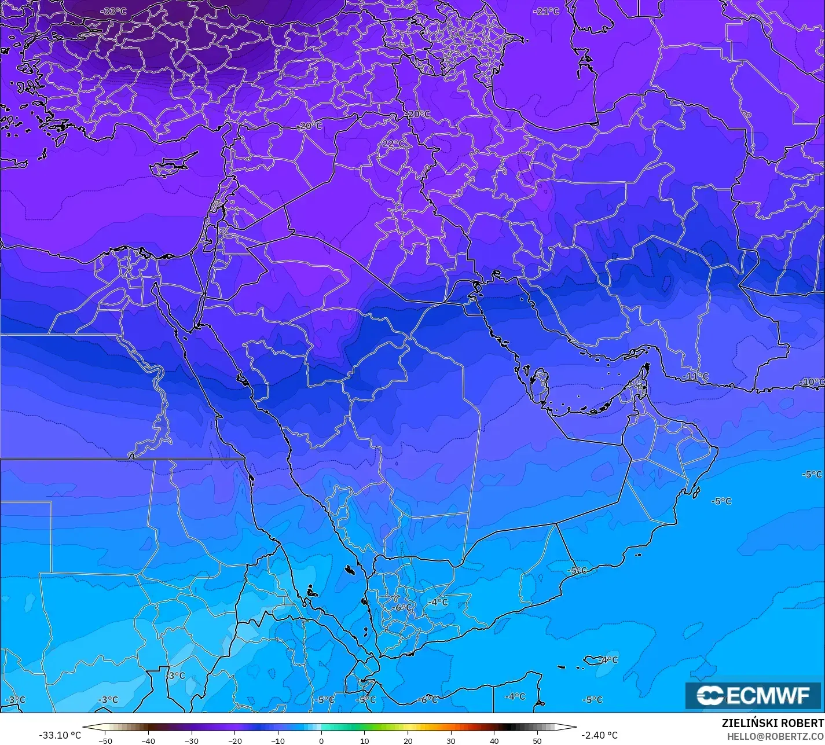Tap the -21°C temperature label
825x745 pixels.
click(x=546, y=11)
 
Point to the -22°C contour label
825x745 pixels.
click(x=393, y=144)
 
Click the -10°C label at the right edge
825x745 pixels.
click(x=813, y=382)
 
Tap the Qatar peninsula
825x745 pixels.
click(x=541, y=384)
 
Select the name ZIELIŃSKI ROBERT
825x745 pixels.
click(x=772, y=724)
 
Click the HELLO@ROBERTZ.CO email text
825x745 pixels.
click(x=775, y=736)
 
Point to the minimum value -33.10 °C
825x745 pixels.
click(x=60, y=735)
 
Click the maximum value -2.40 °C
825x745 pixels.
click(x=600, y=735)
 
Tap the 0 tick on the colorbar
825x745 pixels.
click(x=321, y=740)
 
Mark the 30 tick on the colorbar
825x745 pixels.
click(x=451, y=740)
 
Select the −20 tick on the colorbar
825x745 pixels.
click(x=234, y=740)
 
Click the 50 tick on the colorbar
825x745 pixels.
click(x=537, y=740)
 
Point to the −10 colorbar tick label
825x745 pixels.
click(x=278, y=740)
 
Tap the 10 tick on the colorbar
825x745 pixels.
click(x=365, y=740)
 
